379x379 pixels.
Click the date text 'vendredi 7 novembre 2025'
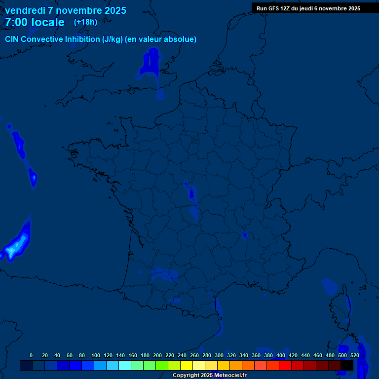[65, 10]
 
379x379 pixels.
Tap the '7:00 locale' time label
[35, 22]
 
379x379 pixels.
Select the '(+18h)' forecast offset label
[85, 22]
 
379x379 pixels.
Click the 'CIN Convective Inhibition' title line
[101, 39]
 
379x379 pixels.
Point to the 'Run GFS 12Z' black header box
[308, 8]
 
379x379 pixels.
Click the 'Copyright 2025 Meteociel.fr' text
[209, 376]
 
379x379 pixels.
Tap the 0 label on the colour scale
[31, 355]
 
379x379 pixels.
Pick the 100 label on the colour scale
[96, 355]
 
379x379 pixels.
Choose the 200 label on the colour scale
[157, 355]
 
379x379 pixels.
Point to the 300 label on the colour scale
[219, 355]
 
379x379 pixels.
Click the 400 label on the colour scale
[281, 355]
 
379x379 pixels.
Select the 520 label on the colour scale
[355, 355]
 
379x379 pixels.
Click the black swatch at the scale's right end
[347, 365]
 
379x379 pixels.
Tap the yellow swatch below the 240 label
[187, 365]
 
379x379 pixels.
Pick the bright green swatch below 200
[162, 365]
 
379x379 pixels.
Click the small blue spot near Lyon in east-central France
[244, 235]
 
